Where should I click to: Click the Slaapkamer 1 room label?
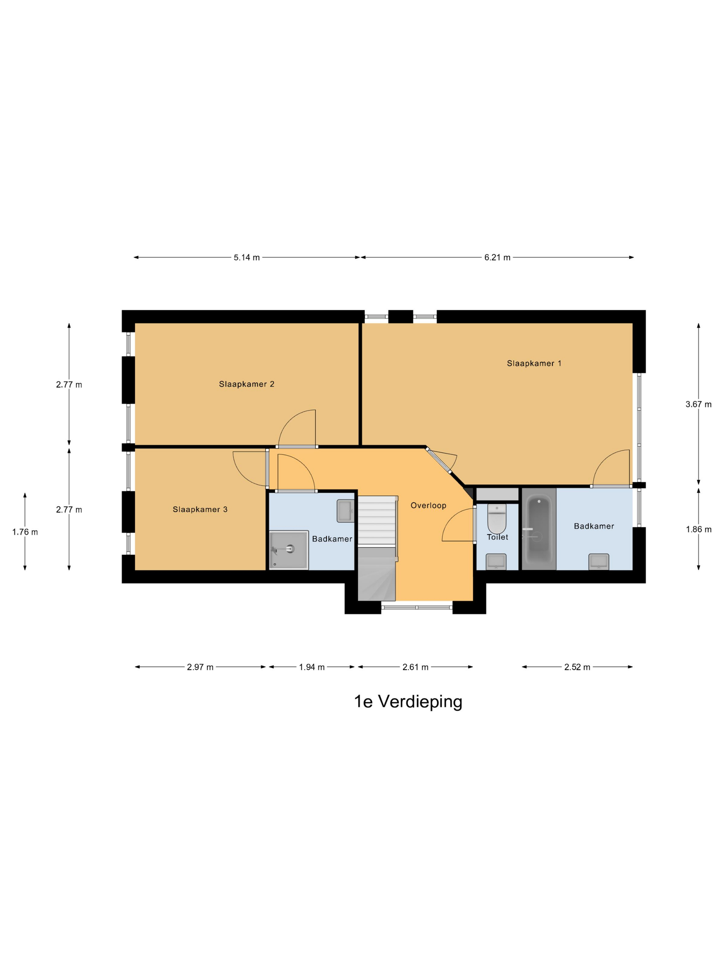coord(534,363)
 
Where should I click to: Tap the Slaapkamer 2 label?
coord(247,384)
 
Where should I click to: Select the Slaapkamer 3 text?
coord(200,509)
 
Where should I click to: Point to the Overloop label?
coord(428,506)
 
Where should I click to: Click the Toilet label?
coord(497,537)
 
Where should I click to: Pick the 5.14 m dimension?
coord(247,257)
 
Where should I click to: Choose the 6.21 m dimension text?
coord(497,257)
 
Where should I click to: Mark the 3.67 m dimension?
coord(698,404)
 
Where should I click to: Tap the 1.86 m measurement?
coord(698,530)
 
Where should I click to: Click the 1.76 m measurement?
coord(25,532)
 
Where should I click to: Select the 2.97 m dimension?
coord(200,667)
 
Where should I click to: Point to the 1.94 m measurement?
coord(312,667)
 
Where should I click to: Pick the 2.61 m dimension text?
coord(415,667)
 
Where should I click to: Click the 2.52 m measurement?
coord(577,667)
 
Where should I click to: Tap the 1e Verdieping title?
coord(408,701)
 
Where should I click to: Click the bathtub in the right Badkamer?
coord(539,529)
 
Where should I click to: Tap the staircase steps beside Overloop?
coord(377,521)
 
